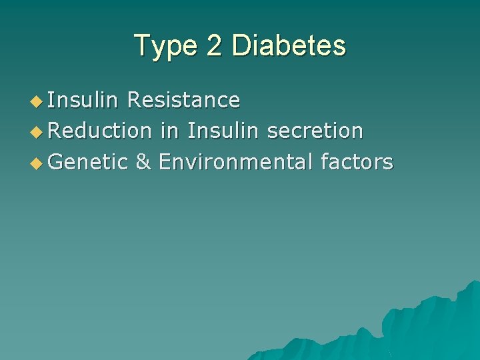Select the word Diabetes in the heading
click(x=288, y=46)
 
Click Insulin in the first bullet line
click(x=83, y=100)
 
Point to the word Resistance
click(x=183, y=100)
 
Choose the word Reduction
click(x=100, y=131)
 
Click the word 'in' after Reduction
click(x=169, y=131)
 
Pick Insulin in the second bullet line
click(x=223, y=131)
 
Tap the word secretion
click(x=315, y=131)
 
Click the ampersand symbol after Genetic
click(x=143, y=161)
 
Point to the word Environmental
click(x=235, y=161)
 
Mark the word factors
click(x=357, y=161)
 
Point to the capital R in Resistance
click(x=133, y=100)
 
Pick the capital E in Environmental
click(x=164, y=161)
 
